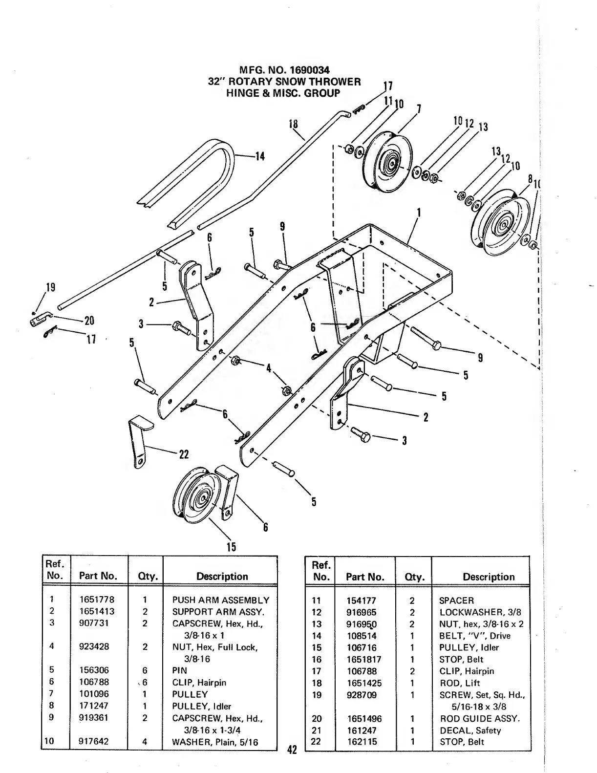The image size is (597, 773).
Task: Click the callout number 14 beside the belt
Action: click(x=259, y=157)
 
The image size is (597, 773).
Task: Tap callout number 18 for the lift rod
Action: click(x=293, y=124)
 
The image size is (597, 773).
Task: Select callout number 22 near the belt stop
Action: click(x=184, y=454)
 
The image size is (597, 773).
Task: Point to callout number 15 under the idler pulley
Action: click(x=231, y=547)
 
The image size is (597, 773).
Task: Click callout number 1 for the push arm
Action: click(x=419, y=213)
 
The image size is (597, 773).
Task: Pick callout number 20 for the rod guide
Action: click(x=89, y=321)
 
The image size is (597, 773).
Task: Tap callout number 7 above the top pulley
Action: click(x=419, y=108)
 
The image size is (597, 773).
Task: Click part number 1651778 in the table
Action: click(x=95, y=600)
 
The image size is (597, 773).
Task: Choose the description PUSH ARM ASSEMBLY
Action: click(x=220, y=600)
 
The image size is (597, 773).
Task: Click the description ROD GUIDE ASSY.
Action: click(x=480, y=719)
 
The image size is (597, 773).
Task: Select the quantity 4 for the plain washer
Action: click(x=145, y=741)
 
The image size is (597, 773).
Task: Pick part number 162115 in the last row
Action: click(x=362, y=742)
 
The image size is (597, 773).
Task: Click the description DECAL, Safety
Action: click(x=470, y=730)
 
